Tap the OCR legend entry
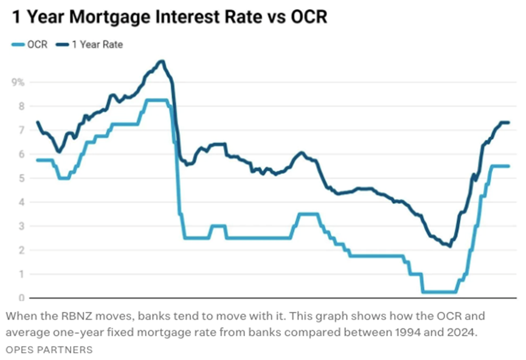pyautogui.click(x=30, y=44)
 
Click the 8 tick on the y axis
pyautogui.click(x=21, y=106)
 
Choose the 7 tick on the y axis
pyautogui.click(x=21, y=130)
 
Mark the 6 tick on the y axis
pyautogui.click(x=21, y=154)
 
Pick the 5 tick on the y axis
pyautogui.click(x=21, y=178)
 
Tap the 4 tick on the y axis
pyautogui.click(x=21, y=202)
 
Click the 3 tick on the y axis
pyautogui.click(x=21, y=226)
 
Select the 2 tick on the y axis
pyautogui.click(x=21, y=251)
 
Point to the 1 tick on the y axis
pyautogui.click(x=21, y=274)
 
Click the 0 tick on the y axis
pyautogui.click(x=21, y=298)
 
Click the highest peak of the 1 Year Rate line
pyautogui.click(x=162, y=61)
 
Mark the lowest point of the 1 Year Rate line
pyautogui.click(x=450, y=246)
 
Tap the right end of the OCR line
pyautogui.click(x=508, y=166)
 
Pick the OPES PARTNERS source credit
pyautogui.click(x=50, y=350)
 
